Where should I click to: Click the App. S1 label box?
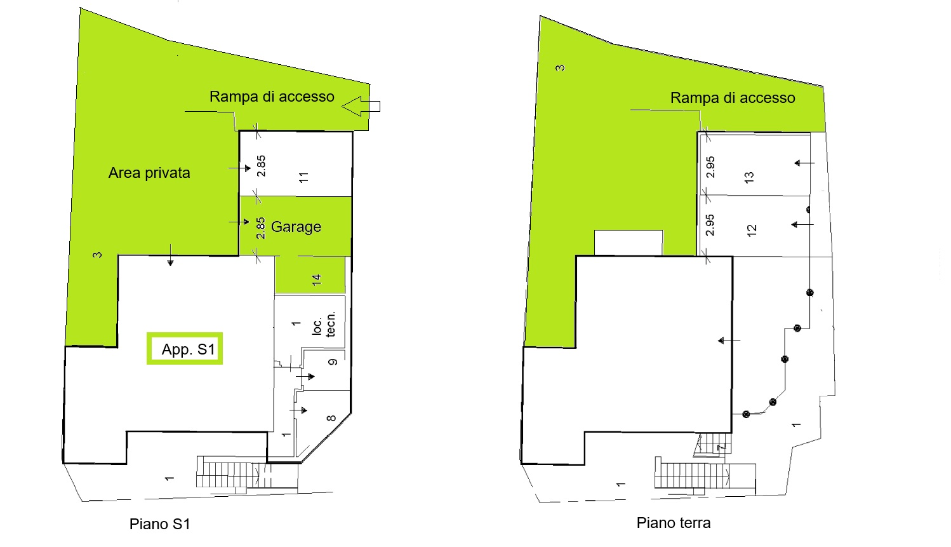[x=185, y=349]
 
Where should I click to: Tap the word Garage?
[x=296, y=227]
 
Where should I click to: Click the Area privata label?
[x=149, y=173]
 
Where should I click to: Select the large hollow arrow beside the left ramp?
[x=361, y=106]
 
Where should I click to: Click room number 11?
[x=303, y=177]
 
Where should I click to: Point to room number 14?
[x=317, y=280]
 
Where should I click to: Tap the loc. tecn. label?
[x=324, y=324]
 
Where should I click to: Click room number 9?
[x=333, y=361]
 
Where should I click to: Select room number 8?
[x=331, y=418]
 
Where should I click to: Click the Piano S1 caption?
[x=159, y=524]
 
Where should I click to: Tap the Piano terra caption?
[x=674, y=523]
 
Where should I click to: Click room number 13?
[x=749, y=177]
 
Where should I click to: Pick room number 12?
[x=752, y=231]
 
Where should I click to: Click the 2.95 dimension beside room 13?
[x=710, y=167]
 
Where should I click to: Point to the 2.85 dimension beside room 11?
[x=261, y=166]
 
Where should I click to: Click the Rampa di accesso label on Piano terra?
[x=733, y=98]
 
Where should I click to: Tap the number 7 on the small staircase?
[x=721, y=447]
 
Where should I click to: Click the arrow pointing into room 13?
[x=804, y=163]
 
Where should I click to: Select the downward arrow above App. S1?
[x=170, y=255]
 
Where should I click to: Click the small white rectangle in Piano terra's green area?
[x=628, y=243]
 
